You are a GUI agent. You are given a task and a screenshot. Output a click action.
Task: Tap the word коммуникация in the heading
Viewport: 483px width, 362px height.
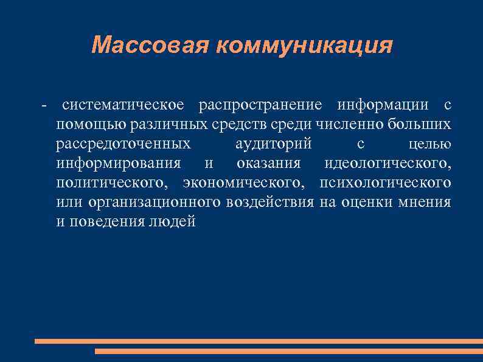[x=301, y=46]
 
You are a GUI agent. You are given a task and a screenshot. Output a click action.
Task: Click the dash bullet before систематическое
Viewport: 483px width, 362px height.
[x=43, y=105]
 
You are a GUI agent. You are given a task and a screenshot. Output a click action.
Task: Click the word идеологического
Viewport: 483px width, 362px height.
[x=387, y=164]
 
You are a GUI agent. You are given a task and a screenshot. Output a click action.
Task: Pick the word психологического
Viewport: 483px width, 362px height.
[x=385, y=183]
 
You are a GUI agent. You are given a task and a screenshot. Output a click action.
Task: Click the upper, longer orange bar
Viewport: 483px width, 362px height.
[x=259, y=341]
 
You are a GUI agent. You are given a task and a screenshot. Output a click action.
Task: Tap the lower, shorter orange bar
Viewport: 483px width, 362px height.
[x=289, y=351]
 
